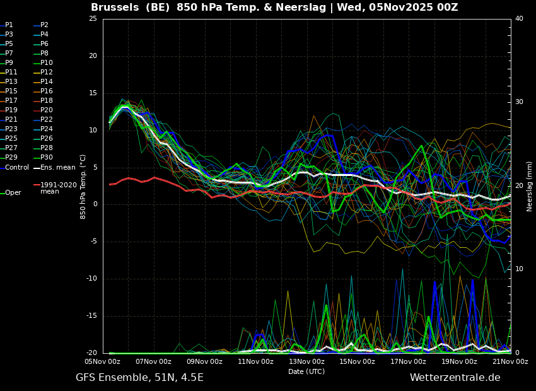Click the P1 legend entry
point(7,25)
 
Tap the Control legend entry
point(15,168)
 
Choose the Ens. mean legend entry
point(54,168)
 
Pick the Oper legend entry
point(11,193)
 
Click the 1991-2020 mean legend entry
point(55,188)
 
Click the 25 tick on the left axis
point(93,18)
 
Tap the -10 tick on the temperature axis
point(92,279)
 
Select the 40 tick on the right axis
point(519,18)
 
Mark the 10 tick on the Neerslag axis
point(519,269)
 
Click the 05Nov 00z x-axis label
point(103,361)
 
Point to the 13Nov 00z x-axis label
point(306,361)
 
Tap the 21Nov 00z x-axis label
point(510,361)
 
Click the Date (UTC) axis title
point(306,371)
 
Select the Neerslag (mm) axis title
point(530,186)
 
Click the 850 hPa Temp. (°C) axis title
point(83,187)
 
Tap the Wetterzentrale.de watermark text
point(455,378)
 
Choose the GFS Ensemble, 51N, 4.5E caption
point(139,378)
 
